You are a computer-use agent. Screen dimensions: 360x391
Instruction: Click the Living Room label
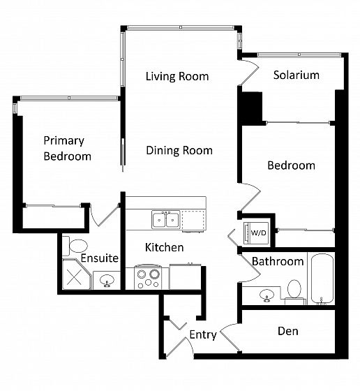click(x=177, y=76)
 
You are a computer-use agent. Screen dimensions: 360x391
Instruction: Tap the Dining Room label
click(x=179, y=150)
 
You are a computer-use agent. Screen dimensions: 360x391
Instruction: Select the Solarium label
click(x=297, y=75)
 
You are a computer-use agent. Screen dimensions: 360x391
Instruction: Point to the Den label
click(x=287, y=331)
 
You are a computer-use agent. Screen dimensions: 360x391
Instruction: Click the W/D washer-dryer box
click(x=256, y=233)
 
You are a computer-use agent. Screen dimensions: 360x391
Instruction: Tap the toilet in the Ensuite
click(x=75, y=246)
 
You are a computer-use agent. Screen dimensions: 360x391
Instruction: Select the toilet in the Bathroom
click(x=294, y=292)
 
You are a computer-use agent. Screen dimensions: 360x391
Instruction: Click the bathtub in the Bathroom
click(x=322, y=279)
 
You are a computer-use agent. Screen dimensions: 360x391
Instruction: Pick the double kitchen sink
click(x=166, y=220)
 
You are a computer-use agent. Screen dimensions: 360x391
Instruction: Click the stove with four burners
click(x=148, y=278)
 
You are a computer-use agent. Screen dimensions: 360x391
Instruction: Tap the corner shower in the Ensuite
click(x=76, y=274)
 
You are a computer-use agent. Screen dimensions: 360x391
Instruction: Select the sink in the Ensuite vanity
click(x=107, y=281)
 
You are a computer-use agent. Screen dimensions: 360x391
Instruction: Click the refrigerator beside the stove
click(x=185, y=276)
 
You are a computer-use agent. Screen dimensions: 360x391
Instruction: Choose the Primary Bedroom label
click(x=67, y=148)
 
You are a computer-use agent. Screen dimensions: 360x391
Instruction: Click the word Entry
click(x=203, y=334)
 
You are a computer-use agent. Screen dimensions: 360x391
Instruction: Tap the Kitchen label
click(x=165, y=247)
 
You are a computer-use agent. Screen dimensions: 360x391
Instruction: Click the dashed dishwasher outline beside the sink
click(x=193, y=220)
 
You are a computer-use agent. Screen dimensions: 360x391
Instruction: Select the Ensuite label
click(x=99, y=258)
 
